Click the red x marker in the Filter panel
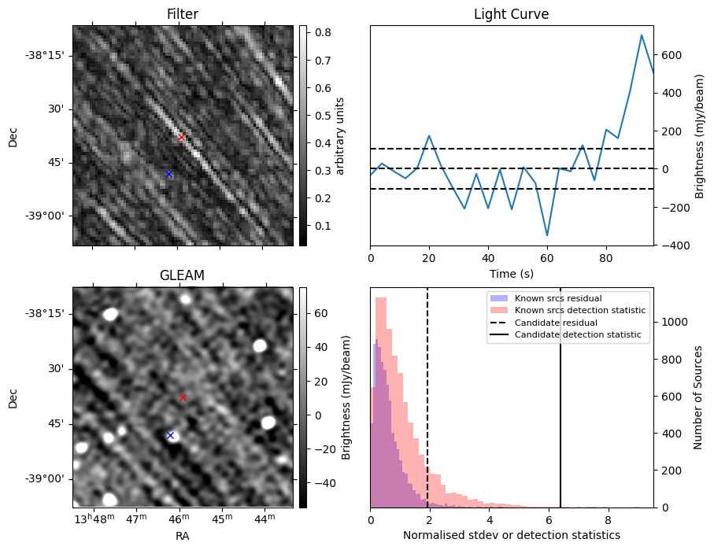(x=181, y=137)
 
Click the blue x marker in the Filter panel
(x=168, y=174)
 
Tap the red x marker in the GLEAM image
(x=183, y=397)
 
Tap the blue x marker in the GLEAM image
(x=170, y=435)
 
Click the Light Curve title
(x=511, y=14)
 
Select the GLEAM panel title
(x=182, y=275)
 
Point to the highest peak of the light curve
(x=642, y=35)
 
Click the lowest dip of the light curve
(x=547, y=235)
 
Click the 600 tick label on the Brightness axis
(x=675, y=55)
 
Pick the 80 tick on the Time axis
(x=606, y=257)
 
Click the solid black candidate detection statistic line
(x=560, y=393)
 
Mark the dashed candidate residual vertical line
(x=427, y=393)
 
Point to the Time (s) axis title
(x=512, y=272)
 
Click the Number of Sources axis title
(x=698, y=397)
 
